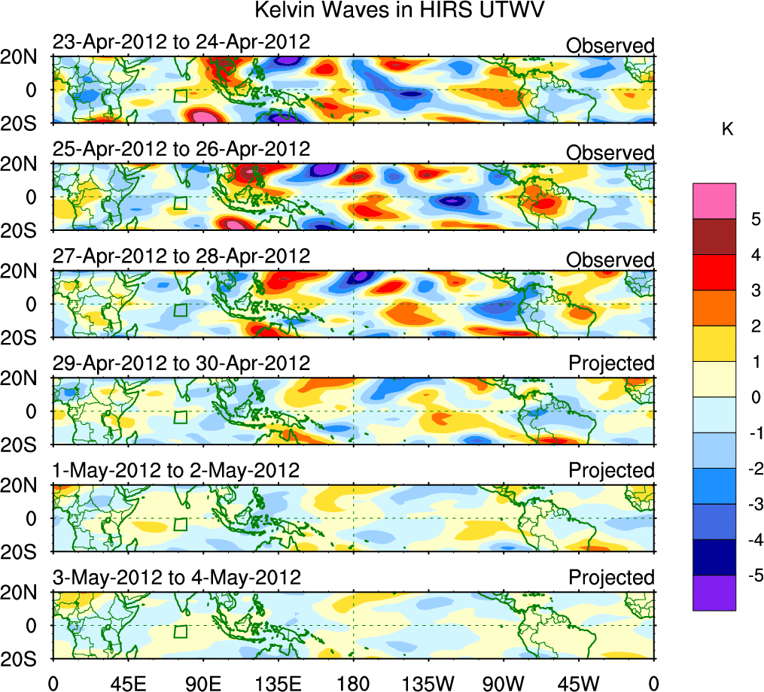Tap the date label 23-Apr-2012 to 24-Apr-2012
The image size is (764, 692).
(x=181, y=41)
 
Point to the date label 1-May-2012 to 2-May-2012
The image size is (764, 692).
(x=176, y=470)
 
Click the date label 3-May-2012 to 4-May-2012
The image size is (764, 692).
(x=176, y=578)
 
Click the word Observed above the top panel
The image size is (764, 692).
(x=610, y=46)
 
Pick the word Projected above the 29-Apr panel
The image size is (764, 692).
(x=611, y=363)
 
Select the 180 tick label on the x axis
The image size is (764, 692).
(x=353, y=681)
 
